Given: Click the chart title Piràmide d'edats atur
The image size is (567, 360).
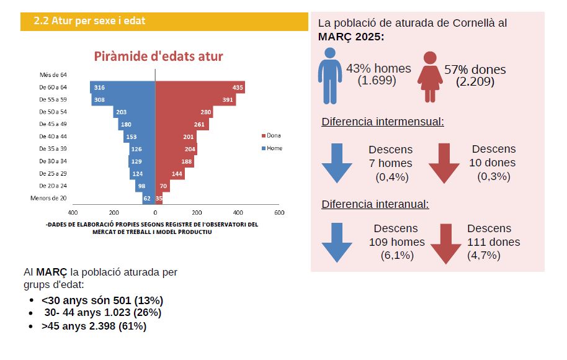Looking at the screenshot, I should tap(158, 56).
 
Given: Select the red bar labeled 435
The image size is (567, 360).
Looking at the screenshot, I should tap(200, 88).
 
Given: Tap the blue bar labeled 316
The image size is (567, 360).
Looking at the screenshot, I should tap(122, 88).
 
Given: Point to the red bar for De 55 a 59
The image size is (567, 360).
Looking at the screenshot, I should tap(195, 100).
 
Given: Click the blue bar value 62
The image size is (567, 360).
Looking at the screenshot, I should tap(147, 199).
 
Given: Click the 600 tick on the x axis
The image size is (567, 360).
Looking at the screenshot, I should tap(279, 212).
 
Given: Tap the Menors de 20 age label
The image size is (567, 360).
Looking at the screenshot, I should tap(48, 199).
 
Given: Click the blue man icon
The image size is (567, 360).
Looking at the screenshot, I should tap(329, 77).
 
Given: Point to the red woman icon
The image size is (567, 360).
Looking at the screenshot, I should tap(429, 77).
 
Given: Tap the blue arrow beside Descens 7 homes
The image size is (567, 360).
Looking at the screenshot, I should tap(337, 163).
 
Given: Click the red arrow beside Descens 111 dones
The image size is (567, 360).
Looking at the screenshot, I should tap(445, 243).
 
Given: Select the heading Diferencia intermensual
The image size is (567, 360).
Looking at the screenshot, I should tap(383, 121).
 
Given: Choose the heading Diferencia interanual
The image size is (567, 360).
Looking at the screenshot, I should tap(375, 204).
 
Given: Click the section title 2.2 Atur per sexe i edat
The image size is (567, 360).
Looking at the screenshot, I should tap(90, 21).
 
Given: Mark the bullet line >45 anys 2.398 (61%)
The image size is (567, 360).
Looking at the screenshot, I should tap(94, 326).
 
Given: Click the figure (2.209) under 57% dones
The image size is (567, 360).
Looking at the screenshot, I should tap(475, 81).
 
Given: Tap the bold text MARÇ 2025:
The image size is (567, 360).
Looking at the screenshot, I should tap(351, 37).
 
